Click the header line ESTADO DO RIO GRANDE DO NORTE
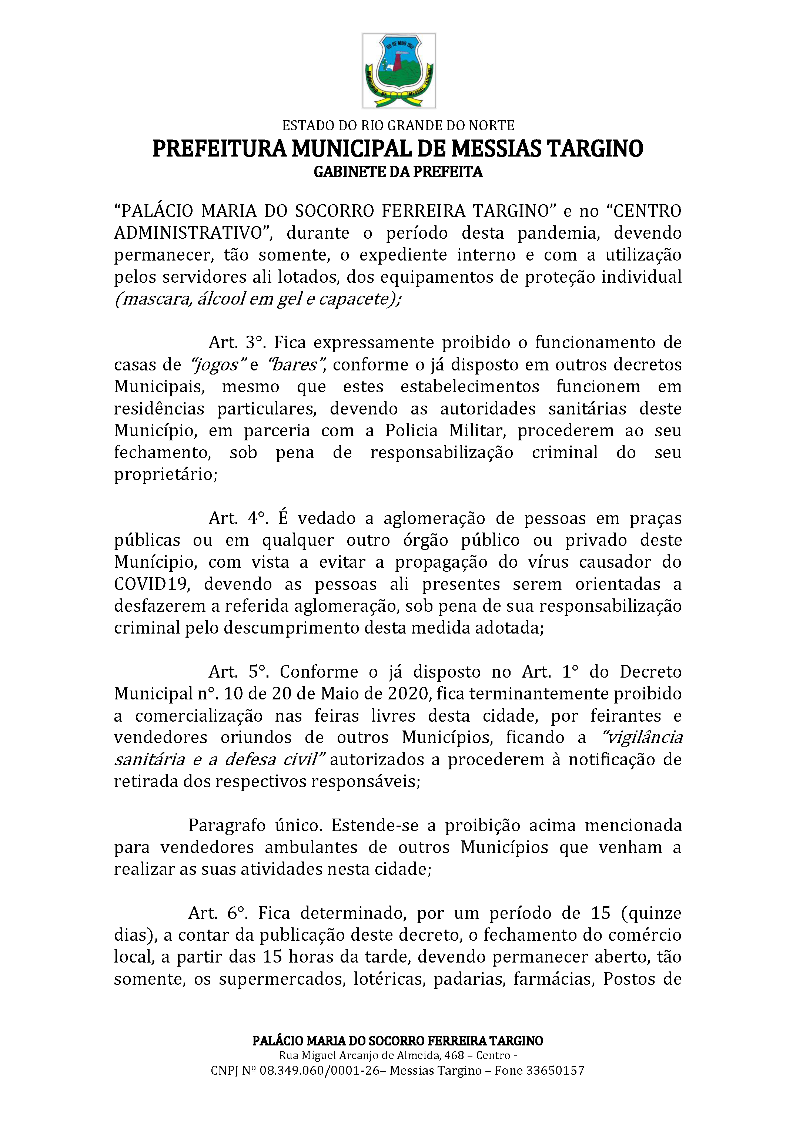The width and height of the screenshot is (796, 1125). point(398,126)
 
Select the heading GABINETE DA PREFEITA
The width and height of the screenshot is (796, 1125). point(398,172)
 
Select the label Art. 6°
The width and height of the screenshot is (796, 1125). point(218,913)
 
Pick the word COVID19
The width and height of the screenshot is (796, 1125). point(151,585)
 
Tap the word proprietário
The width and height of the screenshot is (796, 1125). point(165,475)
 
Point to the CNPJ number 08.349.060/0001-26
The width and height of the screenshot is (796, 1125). point(320,1071)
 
